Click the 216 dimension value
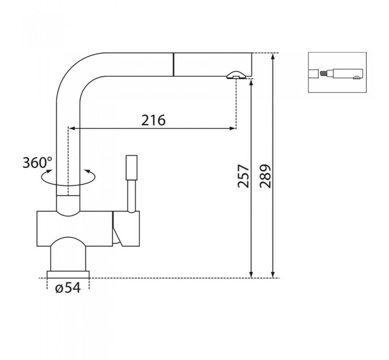pos(153,120)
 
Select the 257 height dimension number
pos(243,176)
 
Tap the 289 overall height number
pos(265,176)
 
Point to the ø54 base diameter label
pos(68,288)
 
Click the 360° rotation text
pos(37,162)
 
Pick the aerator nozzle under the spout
pos(236,75)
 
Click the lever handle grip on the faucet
pos(132,167)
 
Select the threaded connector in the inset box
pos(324,74)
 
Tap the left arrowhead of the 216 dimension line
pos(72,128)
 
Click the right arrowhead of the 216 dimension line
pos(232,128)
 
